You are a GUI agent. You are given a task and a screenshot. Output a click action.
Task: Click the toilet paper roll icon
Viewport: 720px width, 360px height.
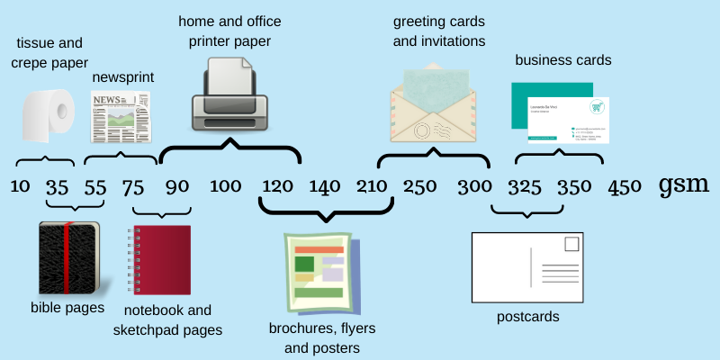[x=47, y=115]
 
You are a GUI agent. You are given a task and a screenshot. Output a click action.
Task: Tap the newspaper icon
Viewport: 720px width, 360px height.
[x=120, y=117]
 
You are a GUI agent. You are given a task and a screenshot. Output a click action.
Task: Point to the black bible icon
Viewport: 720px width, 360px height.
[x=68, y=257]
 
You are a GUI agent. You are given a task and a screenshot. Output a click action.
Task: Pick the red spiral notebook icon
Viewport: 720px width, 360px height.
[x=160, y=260]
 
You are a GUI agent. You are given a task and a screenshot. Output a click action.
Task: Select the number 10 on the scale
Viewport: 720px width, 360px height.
[x=20, y=187]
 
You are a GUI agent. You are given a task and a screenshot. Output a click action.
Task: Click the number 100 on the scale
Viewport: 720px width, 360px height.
[x=225, y=187]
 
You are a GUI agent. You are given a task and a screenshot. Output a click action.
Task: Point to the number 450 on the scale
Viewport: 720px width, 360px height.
[x=625, y=187]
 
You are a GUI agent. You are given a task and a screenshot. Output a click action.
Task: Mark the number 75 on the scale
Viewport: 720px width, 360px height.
[x=132, y=187]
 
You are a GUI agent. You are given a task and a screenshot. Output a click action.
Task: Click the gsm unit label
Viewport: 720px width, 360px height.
[x=684, y=185]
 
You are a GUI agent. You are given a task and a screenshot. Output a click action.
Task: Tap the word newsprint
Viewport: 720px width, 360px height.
[x=123, y=77]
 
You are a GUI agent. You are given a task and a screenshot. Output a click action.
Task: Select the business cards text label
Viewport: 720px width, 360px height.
[x=563, y=60]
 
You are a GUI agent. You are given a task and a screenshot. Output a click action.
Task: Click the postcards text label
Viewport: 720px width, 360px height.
[x=528, y=317]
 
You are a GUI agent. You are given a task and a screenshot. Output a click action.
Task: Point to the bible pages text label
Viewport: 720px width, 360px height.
[x=67, y=308]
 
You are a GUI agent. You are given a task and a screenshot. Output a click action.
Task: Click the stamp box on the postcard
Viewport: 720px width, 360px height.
[x=571, y=244]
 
